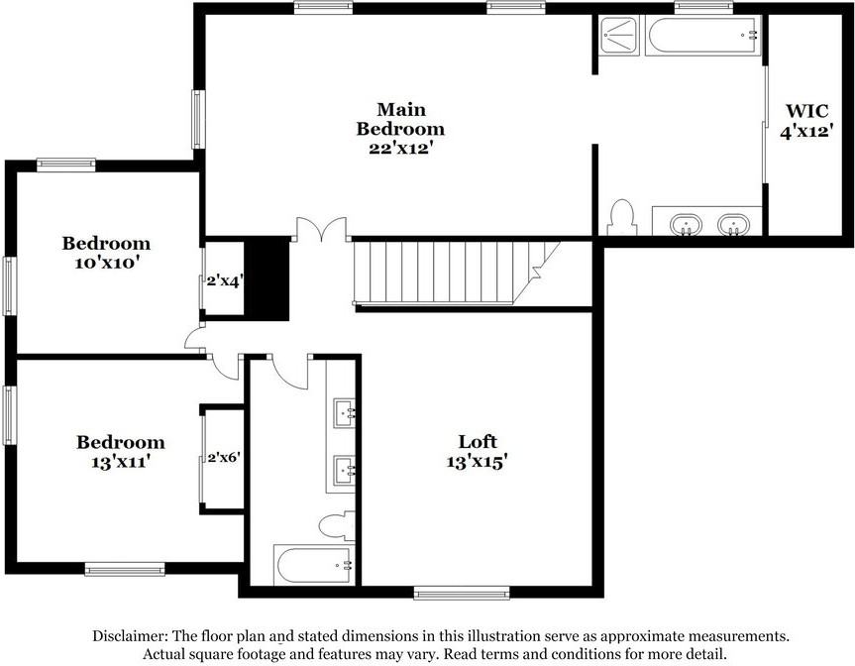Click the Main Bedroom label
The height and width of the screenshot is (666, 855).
pyautogui.click(x=400, y=119)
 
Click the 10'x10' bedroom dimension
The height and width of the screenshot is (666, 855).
pyautogui.click(x=106, y=264)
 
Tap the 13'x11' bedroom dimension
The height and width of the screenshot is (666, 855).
pyautogui.click(x=121, y=462)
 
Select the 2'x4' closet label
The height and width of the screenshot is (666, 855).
pyautogui.click(x=224, y=280)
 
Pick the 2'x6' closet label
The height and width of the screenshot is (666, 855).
pyautogui.click(x=224, y=459)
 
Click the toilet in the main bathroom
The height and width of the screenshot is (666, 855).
pyautogui.click(x=622, y=217)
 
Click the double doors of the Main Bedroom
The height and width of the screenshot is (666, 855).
pyautogui.click(x=322, y=230)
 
